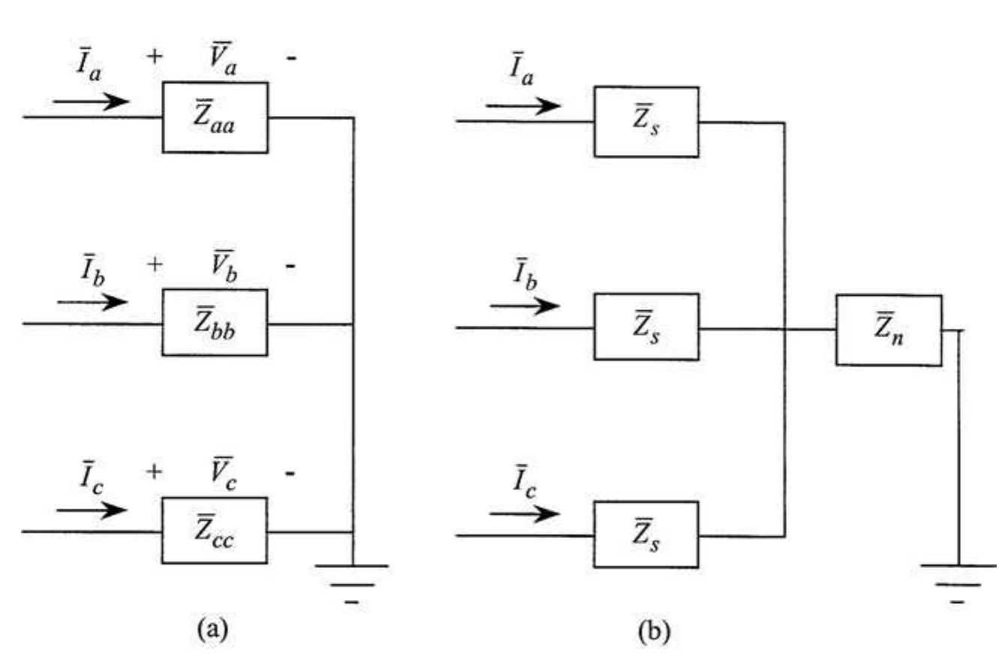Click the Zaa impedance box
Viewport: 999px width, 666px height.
(215, 118)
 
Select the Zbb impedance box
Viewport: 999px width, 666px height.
(215, 322)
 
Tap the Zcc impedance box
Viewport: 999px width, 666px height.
(214, 531)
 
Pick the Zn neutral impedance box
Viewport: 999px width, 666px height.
(889, 330)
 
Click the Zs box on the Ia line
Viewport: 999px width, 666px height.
(646, 121)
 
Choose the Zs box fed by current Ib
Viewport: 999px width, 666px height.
(646, 327)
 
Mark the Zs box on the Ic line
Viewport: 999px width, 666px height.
(646, 536)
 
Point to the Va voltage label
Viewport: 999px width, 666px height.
(224, 57)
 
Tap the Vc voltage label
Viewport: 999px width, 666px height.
(224, 473)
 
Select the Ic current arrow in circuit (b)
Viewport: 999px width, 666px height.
(524, 515)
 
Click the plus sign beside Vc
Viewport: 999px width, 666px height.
(154, 473)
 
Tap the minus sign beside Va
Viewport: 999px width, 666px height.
(290, 57)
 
